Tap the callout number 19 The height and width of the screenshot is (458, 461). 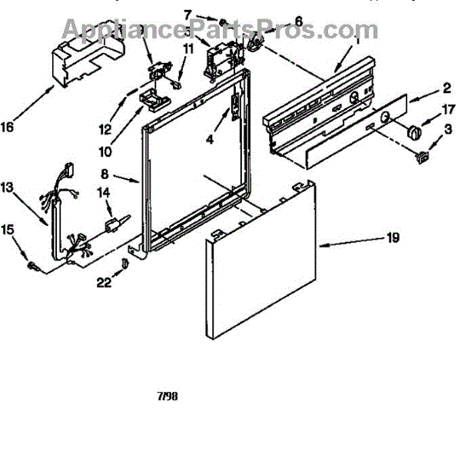pos(393,237)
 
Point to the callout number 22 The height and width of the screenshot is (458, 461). pos(104,283)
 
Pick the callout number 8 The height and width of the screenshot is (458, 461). pos(106,175)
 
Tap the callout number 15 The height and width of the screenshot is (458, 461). pos(7,230)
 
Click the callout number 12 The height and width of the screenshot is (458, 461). pos(106,128)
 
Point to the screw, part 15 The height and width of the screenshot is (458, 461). pos(32,264)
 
